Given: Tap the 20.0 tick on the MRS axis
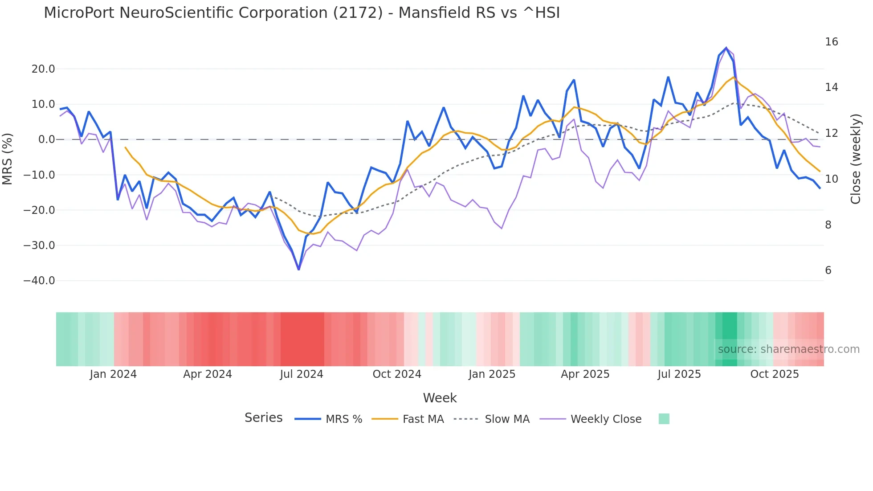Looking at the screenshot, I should (x=43, y=69).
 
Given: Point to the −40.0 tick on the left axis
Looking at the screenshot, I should (x=39, y=281).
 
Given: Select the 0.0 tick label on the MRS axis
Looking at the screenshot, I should (x=47, y=139).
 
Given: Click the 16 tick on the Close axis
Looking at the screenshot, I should (x=831, y=42).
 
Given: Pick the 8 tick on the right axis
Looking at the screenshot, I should (x=828, y=225).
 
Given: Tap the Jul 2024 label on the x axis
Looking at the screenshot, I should (x=302, y=374).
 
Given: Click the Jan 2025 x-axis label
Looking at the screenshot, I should (x=492, y=374).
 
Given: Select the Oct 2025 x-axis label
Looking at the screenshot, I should (x=774, y=374).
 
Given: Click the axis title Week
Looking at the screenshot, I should (x=440, y=398).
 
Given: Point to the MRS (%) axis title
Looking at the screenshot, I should (x=8, y=159).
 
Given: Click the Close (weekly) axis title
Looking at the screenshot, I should (x=855, y=159).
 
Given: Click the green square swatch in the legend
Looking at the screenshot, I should (x=664, y=419).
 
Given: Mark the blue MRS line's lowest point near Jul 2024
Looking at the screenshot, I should (x=298, y=269).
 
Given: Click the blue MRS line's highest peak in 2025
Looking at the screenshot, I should (x=726, y=48).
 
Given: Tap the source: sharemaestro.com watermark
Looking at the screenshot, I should (x=788, y=349).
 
